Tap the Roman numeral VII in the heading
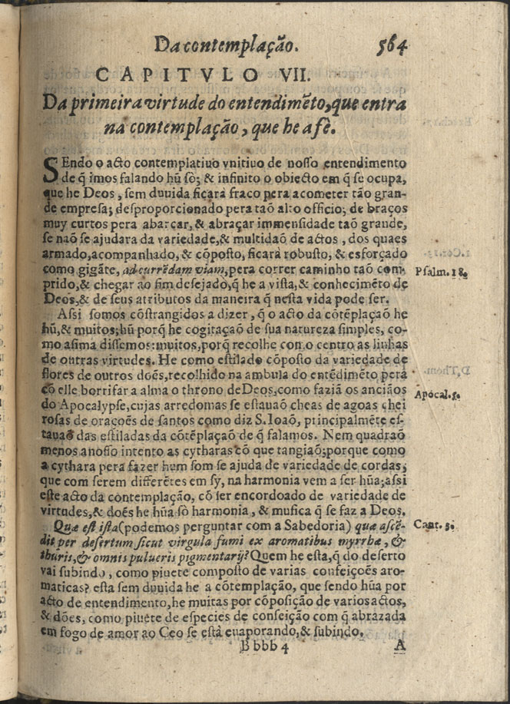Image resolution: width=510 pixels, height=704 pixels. (291, 75)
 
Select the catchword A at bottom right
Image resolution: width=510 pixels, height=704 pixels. (399, 646)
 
